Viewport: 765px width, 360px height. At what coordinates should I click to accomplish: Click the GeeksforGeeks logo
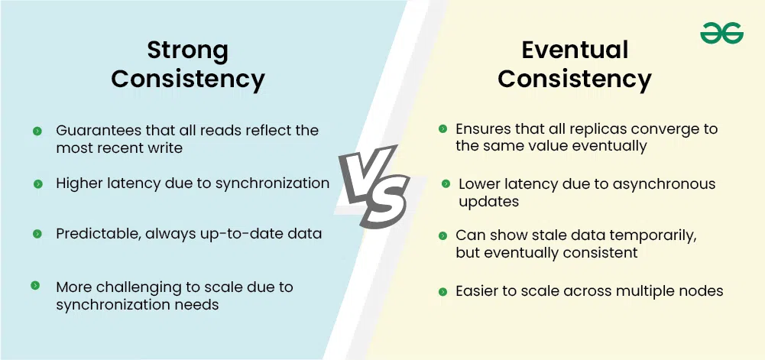tap(721, 33)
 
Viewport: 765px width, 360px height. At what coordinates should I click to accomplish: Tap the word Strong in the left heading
tap(188, 50)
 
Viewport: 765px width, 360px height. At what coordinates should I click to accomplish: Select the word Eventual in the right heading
tap(575, 50)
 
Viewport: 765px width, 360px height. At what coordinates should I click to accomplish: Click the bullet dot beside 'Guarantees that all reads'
tap(37, 131)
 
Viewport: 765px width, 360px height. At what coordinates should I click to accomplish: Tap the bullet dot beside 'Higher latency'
tap(37, 183)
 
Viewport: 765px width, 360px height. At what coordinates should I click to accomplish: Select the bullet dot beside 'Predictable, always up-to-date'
tap(37, 234)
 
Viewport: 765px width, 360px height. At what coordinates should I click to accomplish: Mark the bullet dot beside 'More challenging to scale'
tap(35, 286)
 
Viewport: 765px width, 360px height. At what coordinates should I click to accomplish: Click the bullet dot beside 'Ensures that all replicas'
tap(442, 129)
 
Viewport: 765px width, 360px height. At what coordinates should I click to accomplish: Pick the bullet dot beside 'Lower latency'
tap(445, 184)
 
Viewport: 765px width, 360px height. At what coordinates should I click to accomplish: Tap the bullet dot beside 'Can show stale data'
tap(442, 235)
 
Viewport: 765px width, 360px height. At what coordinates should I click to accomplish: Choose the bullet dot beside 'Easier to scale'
tap(442, 291)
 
